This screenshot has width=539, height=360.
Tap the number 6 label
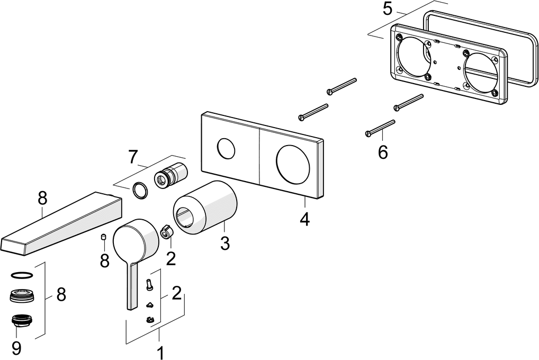click(x=383, y=152)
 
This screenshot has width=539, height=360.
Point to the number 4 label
click(x=304, y=219)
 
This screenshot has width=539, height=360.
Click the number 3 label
click(x=224, y=244)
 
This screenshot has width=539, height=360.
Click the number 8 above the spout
click(x=43, y=199)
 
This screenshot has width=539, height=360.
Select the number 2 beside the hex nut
click(x=170, y=258)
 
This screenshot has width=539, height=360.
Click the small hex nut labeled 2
click(x=166, y=231)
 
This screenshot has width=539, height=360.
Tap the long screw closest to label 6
click(x=380, y=128)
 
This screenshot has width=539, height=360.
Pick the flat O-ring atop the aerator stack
click(x=21, y=275)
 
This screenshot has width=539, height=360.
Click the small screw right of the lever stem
click(x=149, y=284)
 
